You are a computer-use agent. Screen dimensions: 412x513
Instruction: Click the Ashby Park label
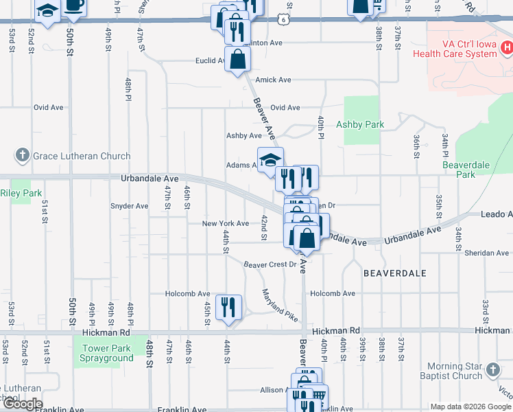[x=360, y=124]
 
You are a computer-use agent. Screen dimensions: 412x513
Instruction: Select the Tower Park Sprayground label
[x=106, y=353]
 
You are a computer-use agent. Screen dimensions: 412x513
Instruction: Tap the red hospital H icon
[x=507, y=47]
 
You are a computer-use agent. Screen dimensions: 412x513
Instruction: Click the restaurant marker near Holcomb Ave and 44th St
[x=228, y=307]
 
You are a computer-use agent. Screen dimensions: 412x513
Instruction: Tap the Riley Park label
[x=21, y=193]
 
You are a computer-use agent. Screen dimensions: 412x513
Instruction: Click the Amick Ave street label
[x=273, y=80]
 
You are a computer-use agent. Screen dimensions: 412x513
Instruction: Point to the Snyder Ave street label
[x=129, y=205]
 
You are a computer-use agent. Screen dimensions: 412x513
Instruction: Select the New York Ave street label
[x=225, y=223]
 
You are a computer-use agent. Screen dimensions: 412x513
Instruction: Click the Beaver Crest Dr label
[x=270, y=264]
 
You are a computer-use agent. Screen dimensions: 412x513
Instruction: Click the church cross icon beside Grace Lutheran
[x=22, y=155]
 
